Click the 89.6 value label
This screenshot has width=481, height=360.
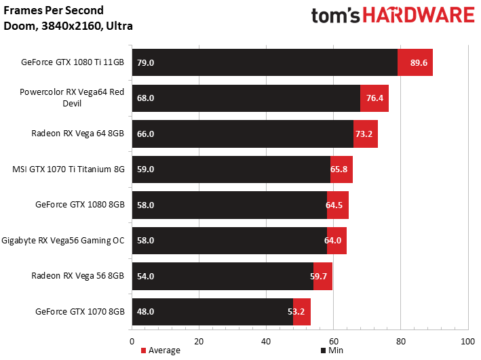419,62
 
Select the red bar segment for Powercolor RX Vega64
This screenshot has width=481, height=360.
374,98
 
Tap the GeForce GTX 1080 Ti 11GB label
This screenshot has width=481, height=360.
73,62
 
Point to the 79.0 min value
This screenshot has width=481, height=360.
145,62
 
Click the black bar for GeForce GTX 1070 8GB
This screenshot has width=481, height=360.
212,312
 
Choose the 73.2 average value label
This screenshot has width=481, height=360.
364,134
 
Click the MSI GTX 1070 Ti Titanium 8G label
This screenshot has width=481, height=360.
69,169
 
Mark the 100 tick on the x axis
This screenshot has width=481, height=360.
468,341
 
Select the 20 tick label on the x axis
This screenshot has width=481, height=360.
199,341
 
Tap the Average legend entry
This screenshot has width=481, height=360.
160,351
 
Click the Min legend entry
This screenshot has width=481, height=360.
332,351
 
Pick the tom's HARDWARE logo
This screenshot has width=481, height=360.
393,16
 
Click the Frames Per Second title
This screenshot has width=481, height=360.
54,10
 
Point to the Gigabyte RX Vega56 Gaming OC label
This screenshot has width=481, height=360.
63,241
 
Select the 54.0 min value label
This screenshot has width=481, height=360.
145,277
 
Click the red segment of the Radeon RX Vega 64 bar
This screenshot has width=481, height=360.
366,134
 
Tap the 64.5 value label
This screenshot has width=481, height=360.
334,205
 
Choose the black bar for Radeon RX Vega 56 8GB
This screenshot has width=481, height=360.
223,277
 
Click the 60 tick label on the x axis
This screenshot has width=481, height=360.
334,341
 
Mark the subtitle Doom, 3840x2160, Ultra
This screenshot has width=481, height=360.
68,26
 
